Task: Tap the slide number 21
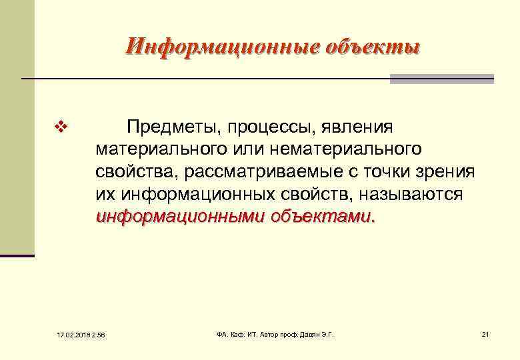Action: click(x=485, y=333)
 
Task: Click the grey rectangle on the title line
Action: click(x=441, y=79)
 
